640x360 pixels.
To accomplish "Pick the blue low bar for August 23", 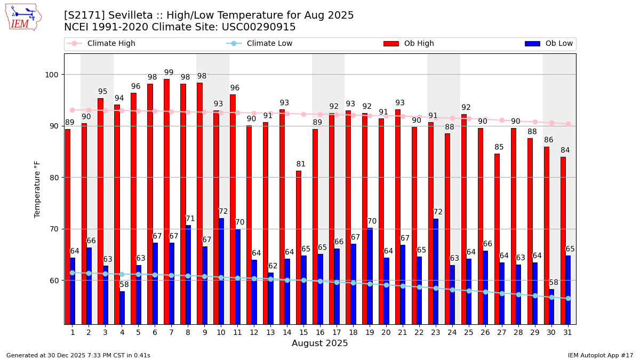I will (436, 271).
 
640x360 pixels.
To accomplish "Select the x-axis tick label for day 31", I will (568, 332).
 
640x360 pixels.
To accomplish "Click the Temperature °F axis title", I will (37, 189).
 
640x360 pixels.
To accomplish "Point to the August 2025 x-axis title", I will (320, 343).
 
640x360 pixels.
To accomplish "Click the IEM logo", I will (23, 17).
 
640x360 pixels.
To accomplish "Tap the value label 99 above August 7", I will (169, 73).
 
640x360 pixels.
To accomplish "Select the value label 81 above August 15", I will (301, 164).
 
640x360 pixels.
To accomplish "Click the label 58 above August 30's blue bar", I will (554, 283).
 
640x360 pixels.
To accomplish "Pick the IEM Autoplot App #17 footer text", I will (600, 355).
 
